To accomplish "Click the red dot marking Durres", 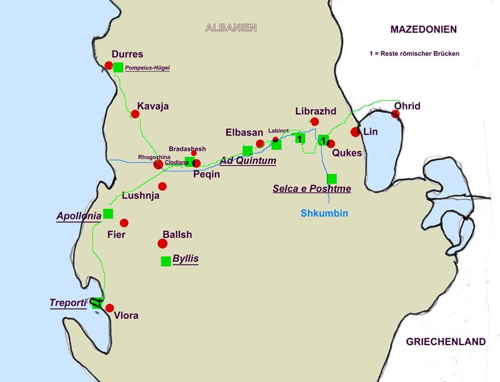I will (x=109, y=66).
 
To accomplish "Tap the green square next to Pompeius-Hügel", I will (x=118, y=67).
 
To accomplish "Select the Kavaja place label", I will (x=153, y=106).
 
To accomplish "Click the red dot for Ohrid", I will (x=395, y=114).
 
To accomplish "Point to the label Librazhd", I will (x=316, y=111).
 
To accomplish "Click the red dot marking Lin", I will (x=355, y=132).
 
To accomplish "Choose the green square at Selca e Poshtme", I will (x=332, y=178).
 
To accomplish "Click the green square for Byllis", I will (x=166, y=261).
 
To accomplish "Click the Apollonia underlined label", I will (x=79, y=216).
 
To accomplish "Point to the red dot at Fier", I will (x=124, y=223).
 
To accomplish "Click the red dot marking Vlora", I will (x=110, y=308).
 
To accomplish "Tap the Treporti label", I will (x=67, y=303).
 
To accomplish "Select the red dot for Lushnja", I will (x=162, y=186).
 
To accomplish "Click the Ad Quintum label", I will (x=247, y=161).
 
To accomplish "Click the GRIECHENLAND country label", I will (x=446, y=341).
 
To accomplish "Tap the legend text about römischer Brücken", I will (x=414, y=54).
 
